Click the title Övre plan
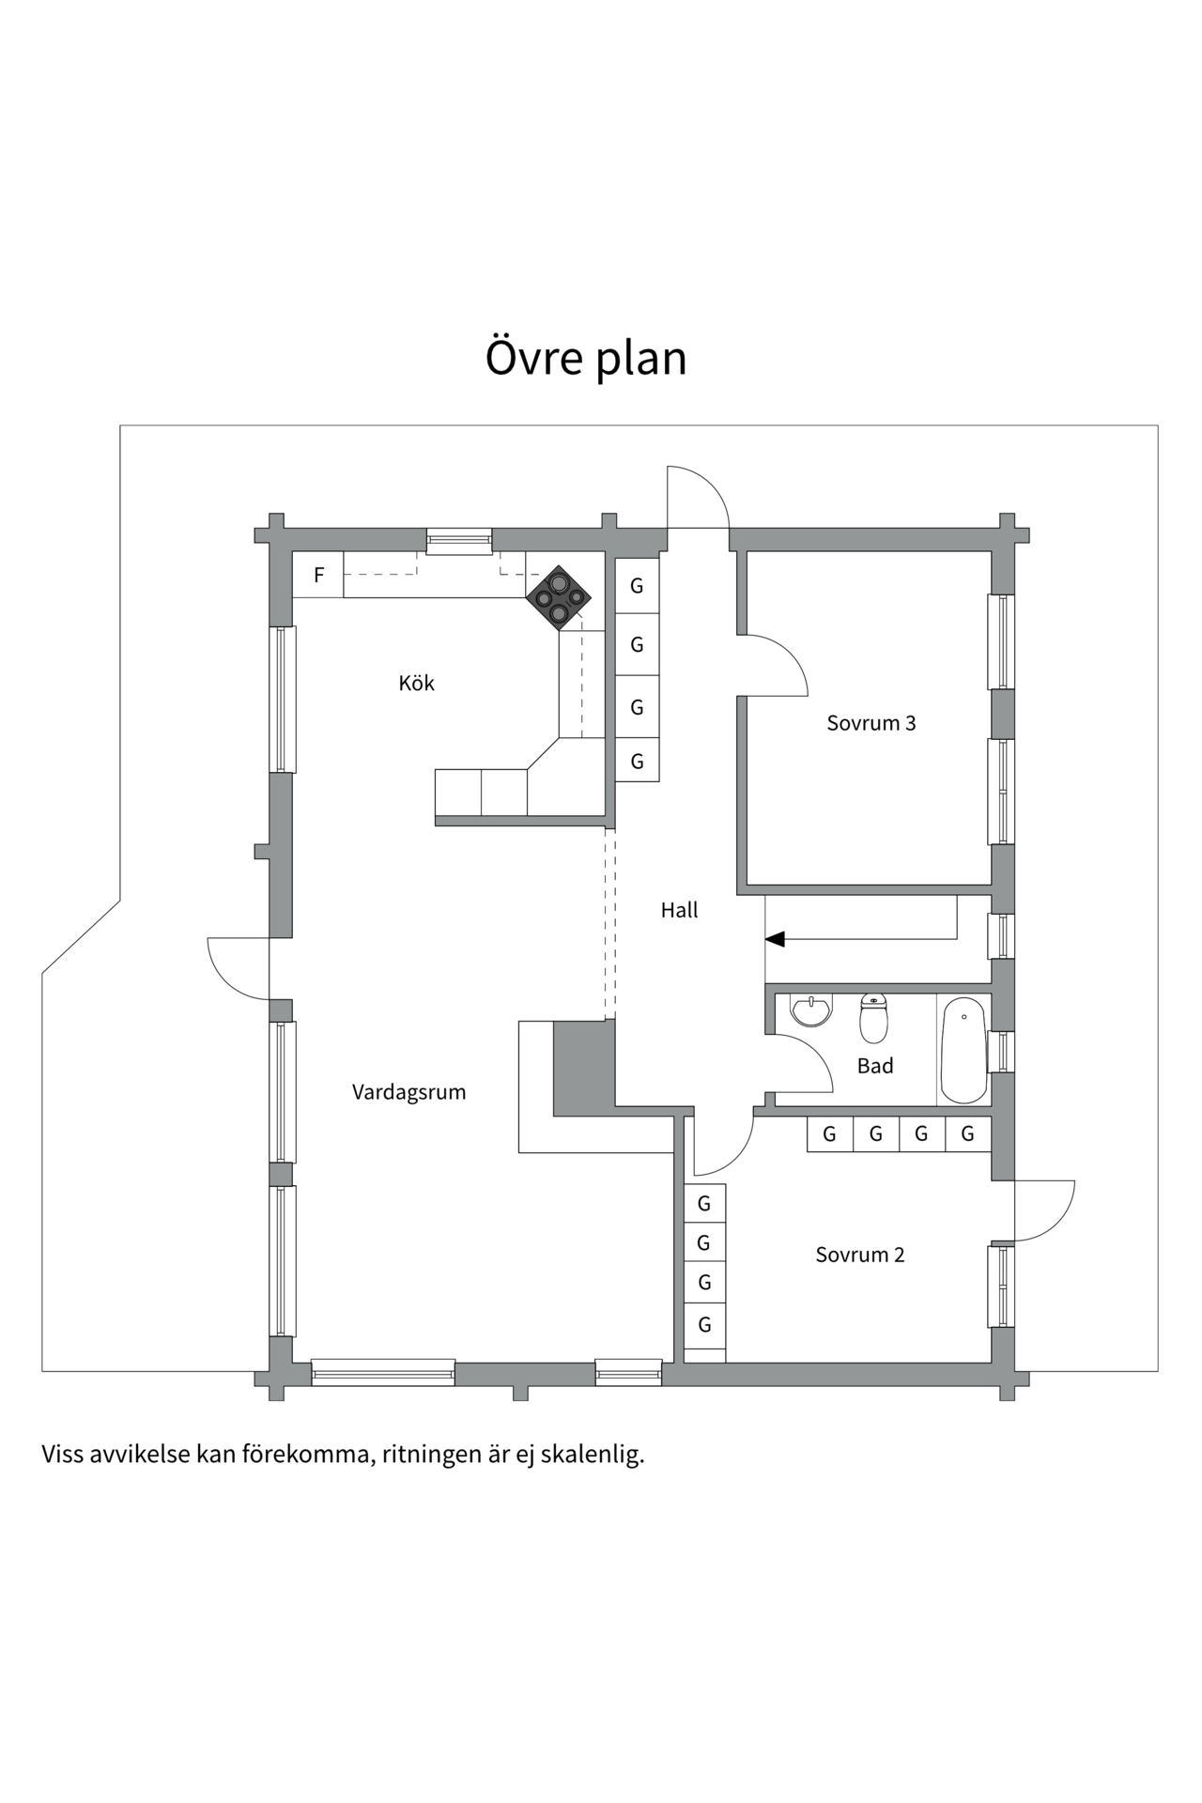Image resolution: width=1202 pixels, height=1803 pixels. click(x=585, y=358)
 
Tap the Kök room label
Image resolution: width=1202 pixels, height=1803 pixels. click(x=416, y=683)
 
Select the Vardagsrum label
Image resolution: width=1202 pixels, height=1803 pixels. click(x=408, y=1091)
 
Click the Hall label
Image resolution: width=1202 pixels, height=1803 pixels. click(x=679, y=909)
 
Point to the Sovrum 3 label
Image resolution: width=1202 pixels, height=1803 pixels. click(x=871, y=722)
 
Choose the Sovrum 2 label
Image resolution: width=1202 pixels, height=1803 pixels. click(x=859, y=1254)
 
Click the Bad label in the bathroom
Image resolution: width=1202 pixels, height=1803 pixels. click(x=874, y=1065)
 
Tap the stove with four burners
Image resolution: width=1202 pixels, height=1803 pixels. click(x=559, y=597)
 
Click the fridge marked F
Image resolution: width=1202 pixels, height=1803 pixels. click(x=318, y=575)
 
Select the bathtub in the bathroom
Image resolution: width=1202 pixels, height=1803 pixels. click(x=963, y=1050)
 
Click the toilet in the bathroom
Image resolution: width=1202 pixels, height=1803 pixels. click(x=873, y=1020)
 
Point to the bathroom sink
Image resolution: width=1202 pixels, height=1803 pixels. click(x=810, y=1010)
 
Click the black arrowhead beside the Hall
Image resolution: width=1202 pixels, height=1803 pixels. click(x=775, y=938)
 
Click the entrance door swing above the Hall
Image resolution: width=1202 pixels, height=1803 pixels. click(x=697, y=498)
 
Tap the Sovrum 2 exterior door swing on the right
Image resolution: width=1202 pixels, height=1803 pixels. click(x=1044, y=1210)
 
